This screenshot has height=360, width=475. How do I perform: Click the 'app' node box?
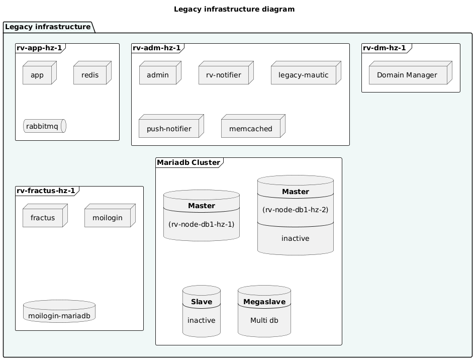tap(37, 75)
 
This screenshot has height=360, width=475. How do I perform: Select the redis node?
tap(90, 75)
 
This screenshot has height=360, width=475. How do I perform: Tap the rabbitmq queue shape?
tap(45, 126)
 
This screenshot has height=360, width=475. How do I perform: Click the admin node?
tap(158, 75)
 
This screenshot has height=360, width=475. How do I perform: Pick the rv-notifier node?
tap(224, 75)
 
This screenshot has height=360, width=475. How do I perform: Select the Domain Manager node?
tap(407, 75)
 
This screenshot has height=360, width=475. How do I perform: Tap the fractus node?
tap(43, 218)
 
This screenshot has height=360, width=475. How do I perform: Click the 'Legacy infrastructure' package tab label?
tap(48, 27)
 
